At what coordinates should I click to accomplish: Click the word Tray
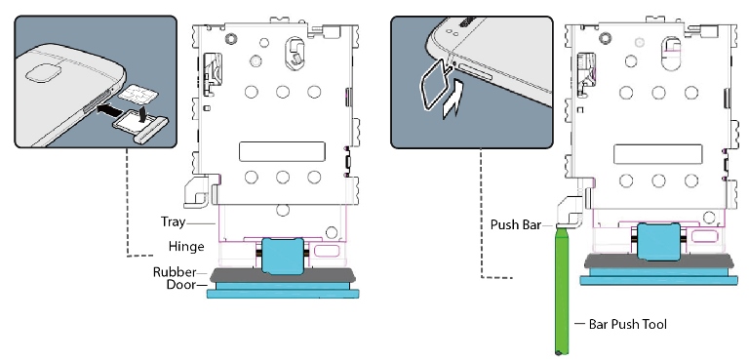click(x=173, y=223)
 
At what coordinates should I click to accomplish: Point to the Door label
click(x=177, y=286)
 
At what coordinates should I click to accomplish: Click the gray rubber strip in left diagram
click(x=283, y=274)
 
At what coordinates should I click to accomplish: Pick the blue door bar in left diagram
click(x=283, y=291)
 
